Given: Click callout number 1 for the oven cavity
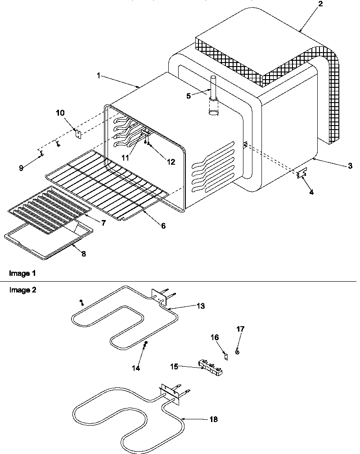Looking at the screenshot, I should [x=99, y=76].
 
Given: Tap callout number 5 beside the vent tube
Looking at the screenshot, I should [x=189, y=95].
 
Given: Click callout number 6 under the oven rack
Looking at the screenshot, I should [x=162, y=225].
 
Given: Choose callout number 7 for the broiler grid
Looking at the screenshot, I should [x=103, y=223].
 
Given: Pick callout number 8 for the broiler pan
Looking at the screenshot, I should [x=83, y=253].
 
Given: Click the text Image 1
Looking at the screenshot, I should [x=22, y=273].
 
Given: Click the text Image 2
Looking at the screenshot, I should [x=22, y=290].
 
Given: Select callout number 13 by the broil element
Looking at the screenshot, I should [x=201, y=306].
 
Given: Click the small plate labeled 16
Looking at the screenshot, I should [x=226, y=355].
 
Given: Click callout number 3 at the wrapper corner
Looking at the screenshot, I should [x=350, y=166].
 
